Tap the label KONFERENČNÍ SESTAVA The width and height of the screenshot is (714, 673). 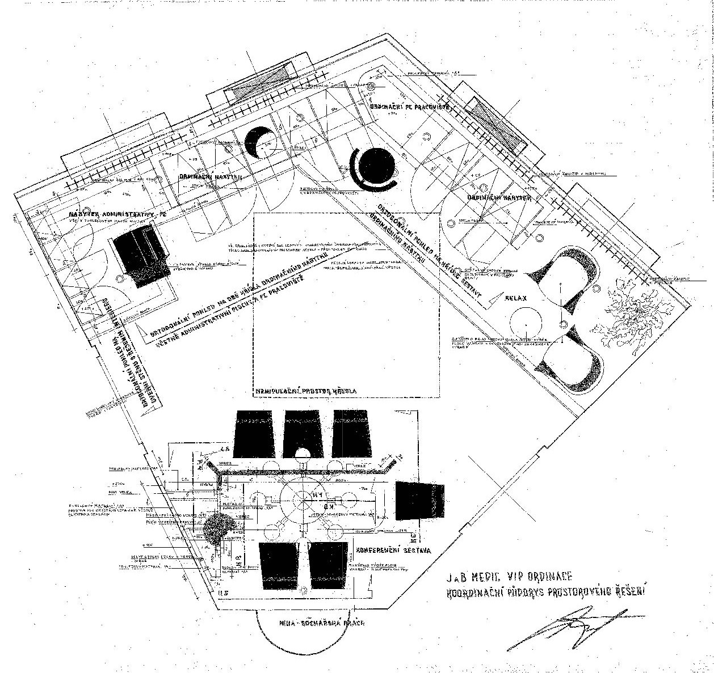pyautogui.click(x=393, y=550)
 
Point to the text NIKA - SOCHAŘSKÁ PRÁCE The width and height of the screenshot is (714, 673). pyautogui.click(x=321, y=623)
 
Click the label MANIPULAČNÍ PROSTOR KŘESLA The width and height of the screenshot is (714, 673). pyautogui.click(x=306, y=391)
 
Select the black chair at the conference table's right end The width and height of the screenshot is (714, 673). pyautogui.click(x=420, y=501)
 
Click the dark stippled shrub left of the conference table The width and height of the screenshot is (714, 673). pyautogui.click(x=217, y=526)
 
